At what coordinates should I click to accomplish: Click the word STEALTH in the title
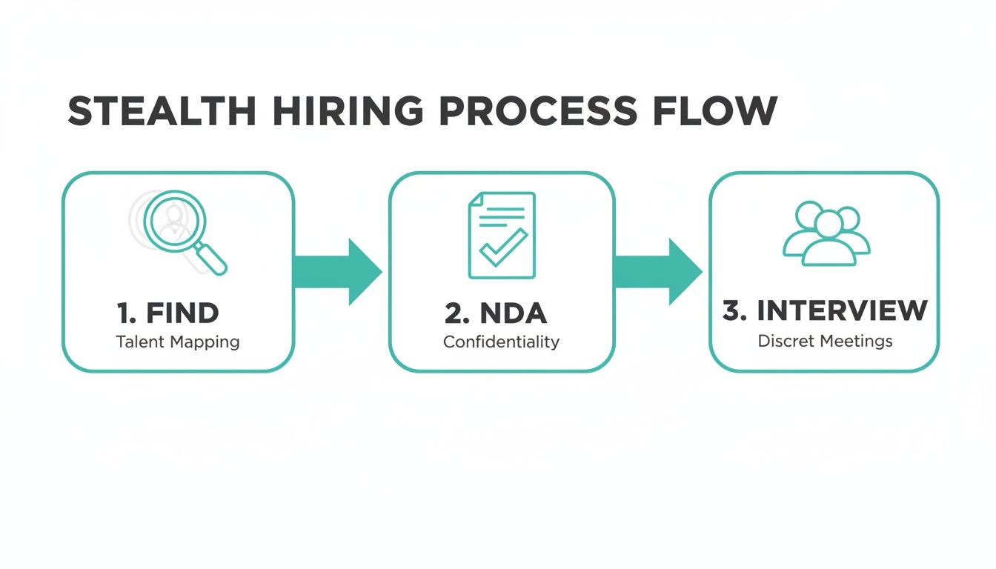point(162,111)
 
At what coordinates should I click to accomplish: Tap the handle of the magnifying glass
point(212,260)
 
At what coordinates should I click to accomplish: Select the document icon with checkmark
point(501,235)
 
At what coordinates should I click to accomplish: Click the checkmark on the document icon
point(504,247)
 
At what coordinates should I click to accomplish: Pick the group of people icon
point(827,233)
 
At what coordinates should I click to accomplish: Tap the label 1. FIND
point(168,313)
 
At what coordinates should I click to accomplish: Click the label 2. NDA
point(496,313)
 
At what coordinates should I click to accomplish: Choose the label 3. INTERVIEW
point(825,311)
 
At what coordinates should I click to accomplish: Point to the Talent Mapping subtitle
point(178,342)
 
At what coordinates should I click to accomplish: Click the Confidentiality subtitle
point(501,342)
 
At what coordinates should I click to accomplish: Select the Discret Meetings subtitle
point(825,342)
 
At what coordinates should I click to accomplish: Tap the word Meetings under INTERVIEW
point(859,342)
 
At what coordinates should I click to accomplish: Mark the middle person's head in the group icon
point(829,221)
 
